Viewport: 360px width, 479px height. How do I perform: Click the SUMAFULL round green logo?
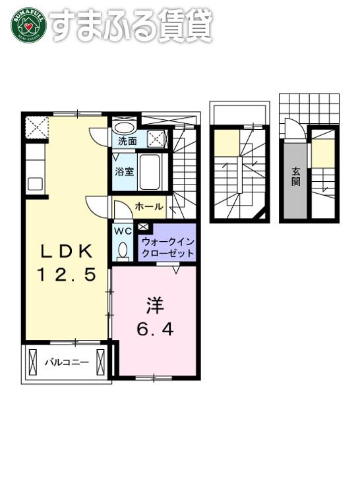28,25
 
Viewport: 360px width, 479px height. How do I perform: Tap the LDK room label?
67,252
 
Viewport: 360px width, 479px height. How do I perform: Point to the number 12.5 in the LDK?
67,274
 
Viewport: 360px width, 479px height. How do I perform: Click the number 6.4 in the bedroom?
155,329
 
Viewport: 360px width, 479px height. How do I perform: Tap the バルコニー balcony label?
67,362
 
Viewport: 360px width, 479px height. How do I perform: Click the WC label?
123,231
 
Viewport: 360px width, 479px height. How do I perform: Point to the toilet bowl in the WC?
123,250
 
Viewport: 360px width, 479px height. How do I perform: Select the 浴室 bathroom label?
125,171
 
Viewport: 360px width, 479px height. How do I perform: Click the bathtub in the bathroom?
150,172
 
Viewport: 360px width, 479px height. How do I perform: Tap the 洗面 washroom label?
127,142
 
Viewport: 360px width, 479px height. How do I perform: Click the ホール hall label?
149,207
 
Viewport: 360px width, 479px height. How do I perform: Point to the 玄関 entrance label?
296,177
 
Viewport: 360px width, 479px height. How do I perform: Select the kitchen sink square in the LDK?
36,184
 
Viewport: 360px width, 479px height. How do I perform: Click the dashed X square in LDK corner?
37,127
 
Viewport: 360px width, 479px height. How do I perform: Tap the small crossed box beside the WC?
143,227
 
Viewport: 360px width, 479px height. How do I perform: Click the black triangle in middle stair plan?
262,215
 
